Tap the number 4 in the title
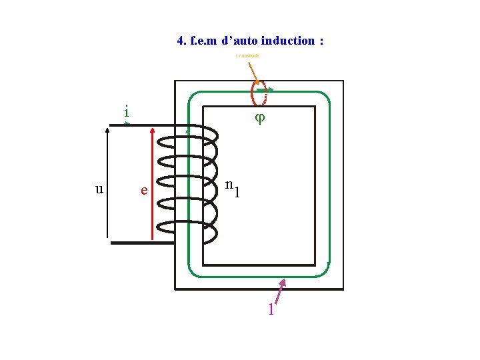181,41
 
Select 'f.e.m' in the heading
204,41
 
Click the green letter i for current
126,112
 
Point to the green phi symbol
260,117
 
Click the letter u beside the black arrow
99,189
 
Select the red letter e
143,191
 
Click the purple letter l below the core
271,310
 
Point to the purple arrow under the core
279,293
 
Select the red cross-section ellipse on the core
259,94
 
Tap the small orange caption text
247,55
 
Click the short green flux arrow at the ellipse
265,89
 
